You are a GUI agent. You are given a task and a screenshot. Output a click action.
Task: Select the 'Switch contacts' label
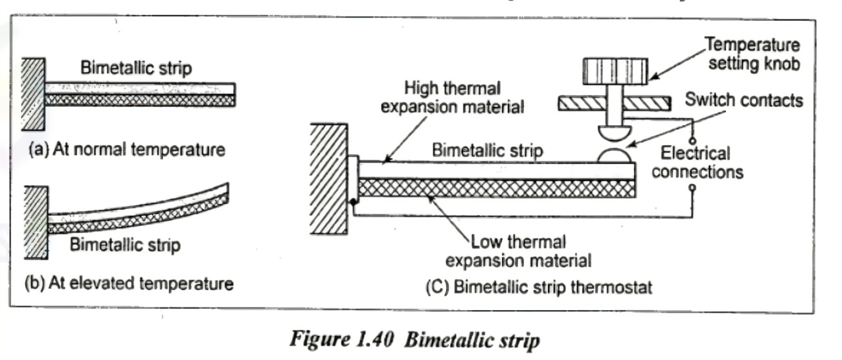point(744,100)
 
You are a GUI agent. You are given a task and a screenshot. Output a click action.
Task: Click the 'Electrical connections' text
point(697,163)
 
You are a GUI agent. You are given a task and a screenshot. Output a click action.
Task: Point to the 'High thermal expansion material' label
point(451,98)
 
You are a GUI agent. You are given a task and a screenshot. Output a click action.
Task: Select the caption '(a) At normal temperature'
point(127,150)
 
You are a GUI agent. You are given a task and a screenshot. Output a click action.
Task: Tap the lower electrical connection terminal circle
point(692,188)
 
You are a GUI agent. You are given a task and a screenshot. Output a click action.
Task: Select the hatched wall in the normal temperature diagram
point(32,94)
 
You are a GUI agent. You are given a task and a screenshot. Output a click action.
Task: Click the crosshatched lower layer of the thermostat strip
point(495,188)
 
